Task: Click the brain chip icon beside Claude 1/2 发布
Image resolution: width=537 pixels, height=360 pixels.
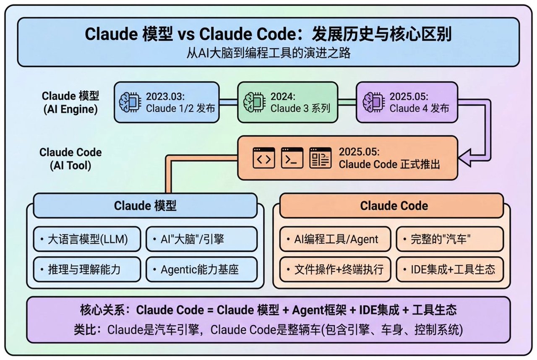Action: point(130,102)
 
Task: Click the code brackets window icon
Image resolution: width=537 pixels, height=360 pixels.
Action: point(263,158)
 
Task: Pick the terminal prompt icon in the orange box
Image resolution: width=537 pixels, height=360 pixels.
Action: point(292,158)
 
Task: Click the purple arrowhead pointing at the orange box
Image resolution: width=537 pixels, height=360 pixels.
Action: point(465,158)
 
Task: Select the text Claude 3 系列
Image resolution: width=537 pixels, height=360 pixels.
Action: point(300,108)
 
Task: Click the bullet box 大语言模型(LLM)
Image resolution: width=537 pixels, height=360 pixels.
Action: point(87,239)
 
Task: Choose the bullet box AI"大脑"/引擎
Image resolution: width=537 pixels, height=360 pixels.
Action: point(201,239)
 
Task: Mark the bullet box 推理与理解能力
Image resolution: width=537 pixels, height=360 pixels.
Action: point(87,269)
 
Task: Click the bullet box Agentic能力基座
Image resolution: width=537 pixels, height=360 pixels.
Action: point(201,269)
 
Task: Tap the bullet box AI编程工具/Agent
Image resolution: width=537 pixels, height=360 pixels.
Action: point(335,239)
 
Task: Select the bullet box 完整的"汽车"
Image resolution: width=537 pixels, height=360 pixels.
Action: point(449,239)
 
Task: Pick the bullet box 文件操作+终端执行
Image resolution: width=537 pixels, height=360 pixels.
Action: point(335,269)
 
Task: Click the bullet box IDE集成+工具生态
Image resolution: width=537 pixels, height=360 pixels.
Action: point(449,269)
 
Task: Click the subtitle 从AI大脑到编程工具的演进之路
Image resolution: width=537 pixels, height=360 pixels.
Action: point(268,54)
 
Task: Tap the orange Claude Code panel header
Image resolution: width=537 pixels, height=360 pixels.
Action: point(391,206)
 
